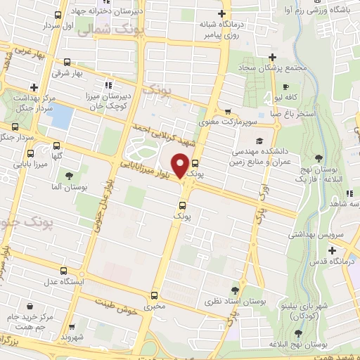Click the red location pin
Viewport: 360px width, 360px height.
click(181, 165)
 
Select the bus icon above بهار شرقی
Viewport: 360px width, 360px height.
click(67, 62)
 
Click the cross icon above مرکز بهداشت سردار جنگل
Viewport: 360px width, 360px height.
click(33, 86)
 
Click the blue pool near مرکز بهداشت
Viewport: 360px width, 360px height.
click(62, 116)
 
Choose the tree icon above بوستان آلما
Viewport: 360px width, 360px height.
click(69, 176)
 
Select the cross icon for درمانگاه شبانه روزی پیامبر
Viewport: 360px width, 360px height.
click(222, 14)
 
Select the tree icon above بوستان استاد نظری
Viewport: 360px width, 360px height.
click(235, 290)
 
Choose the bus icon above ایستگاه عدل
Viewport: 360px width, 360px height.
click(63, 271)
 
